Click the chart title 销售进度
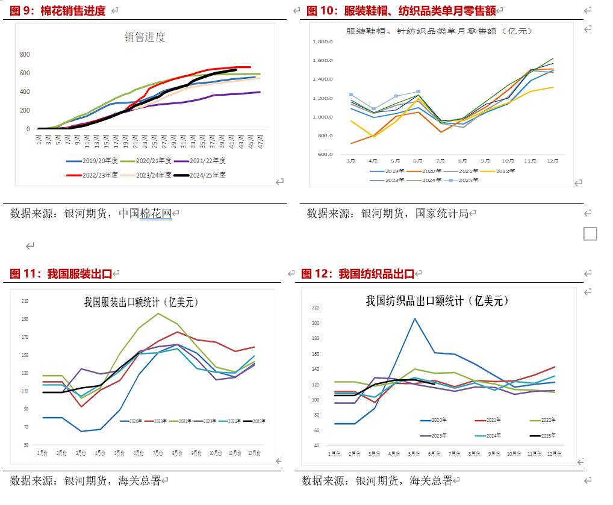click(145, 37)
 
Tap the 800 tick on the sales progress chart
click(25, 55)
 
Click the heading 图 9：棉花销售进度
click(58, 11)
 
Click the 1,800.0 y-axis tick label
click(323, 42)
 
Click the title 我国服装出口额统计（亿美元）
click(142, 302)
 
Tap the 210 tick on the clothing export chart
click(25, 301)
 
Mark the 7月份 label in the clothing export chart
click(158, 452)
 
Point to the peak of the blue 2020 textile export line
click(415, 318)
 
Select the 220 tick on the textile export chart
click(315, 308)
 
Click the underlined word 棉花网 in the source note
click(156, 213)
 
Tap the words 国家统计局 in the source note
click(442, 213)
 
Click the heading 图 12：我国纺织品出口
click(358, 274)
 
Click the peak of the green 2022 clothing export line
click(158, 314)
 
